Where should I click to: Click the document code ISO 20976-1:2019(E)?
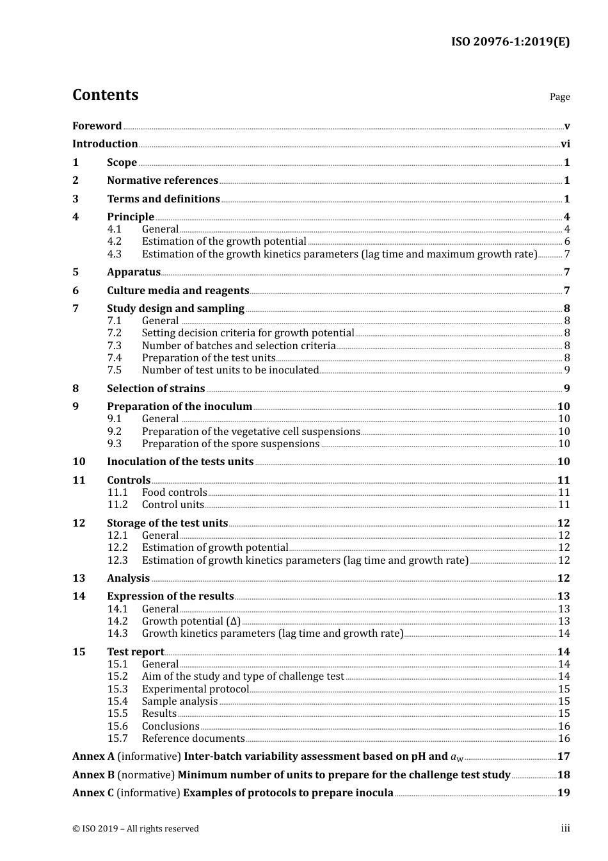pos(510,42)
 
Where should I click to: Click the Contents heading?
pos(105,95)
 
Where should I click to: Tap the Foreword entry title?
pos(97,126)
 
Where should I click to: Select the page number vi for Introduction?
pos(565,144)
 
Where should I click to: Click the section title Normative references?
pos(163,181)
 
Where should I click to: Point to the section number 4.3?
pos(114,254)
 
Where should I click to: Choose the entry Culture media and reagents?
pos(178,291)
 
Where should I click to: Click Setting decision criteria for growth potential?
pos(248,333)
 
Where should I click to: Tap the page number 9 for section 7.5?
pos(566,370)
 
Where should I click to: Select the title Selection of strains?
pos(156,389)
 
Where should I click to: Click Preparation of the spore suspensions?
pos(230,444)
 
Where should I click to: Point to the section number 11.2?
pos(117,505)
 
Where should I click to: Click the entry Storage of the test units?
pos(167,523)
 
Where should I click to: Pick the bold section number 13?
pos(79,578)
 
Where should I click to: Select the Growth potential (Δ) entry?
pos(191,621)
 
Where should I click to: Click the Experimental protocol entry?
pos(195,689)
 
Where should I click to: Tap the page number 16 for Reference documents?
pos(564,739)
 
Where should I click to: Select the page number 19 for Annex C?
pos(564,793)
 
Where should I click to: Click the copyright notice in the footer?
pos(136,829)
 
